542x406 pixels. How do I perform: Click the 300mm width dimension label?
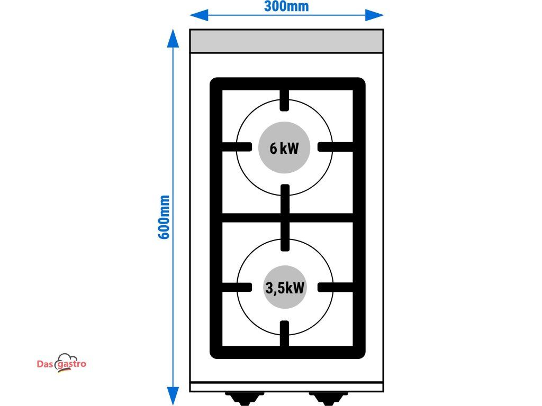coord(286,6)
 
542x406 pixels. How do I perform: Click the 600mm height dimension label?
coord(164,217)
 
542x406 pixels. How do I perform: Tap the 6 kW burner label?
coord(284,149)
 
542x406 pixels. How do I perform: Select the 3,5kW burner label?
coord(285,288)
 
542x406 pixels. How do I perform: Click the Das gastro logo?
coord(61,363)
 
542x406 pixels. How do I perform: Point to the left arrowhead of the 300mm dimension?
coord(199,15)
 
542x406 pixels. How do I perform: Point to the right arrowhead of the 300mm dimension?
coord(374,15)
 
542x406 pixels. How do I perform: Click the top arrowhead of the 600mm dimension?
coord(173,38)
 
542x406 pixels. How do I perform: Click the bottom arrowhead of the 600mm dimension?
coord(173,396)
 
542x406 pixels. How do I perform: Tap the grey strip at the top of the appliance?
coord(286,41)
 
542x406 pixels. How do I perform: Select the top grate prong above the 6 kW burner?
coord(284,100)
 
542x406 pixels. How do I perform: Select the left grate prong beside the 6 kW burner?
coord(237,147)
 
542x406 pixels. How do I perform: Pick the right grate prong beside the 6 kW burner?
coord(335,147)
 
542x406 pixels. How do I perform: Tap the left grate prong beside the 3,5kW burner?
coord(237,287)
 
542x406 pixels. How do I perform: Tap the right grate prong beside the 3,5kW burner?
coord(335,287)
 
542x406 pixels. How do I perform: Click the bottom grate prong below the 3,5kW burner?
coord(284,334)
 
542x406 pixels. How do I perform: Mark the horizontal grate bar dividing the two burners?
coord(287,218)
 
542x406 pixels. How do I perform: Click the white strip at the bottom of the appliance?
coord(286,387)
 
